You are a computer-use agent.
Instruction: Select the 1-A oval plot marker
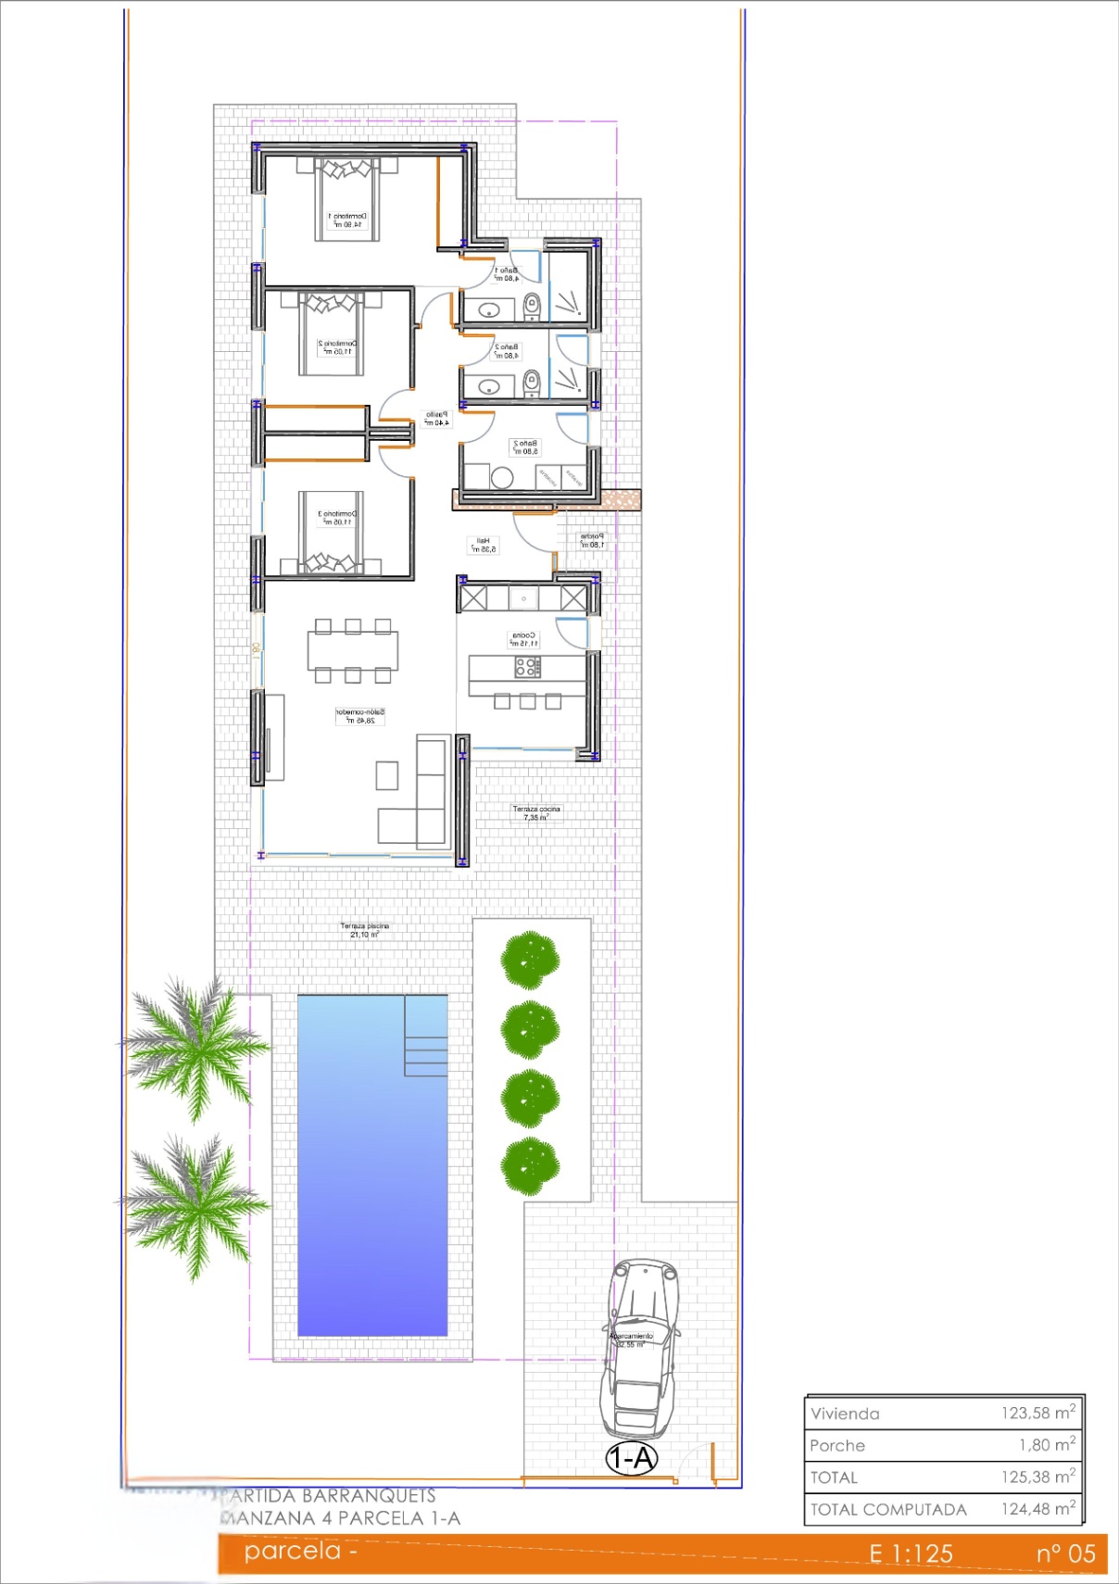(631, 1459)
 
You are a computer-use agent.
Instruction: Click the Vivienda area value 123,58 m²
(1037, 1413)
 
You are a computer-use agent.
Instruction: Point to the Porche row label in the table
(837, 1445)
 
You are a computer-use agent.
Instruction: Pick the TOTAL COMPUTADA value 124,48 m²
(1037, 1509)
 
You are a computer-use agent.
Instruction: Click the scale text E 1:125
(911, 1553)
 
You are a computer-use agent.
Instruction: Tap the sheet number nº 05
(1065, 1553)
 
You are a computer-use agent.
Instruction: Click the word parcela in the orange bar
(293, 1551)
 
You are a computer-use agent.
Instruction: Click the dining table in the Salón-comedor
(353, 650)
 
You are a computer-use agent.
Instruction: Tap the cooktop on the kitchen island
(527, 666)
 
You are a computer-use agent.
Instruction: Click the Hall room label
(483, 545)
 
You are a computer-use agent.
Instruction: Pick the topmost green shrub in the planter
(530, 960)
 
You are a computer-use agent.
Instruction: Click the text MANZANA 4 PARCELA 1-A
(340, 1518)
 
